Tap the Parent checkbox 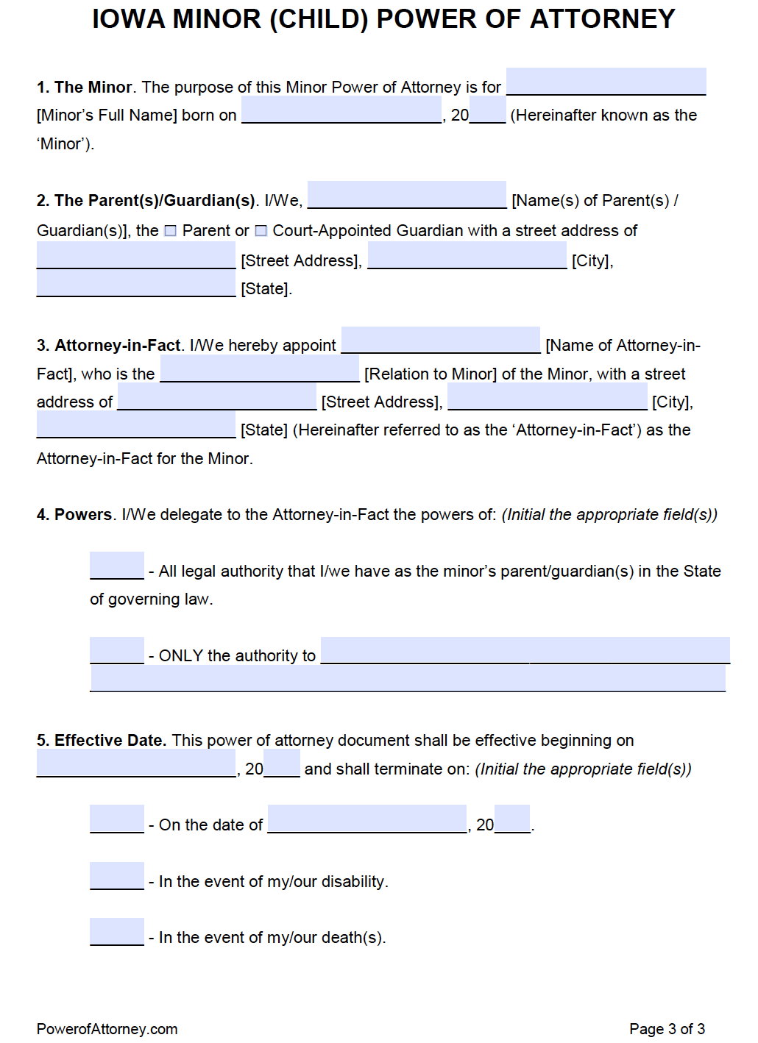click(x=170, y=231)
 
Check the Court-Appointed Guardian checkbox click(x=261, y=231)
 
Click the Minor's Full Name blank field click(x=606, y=82)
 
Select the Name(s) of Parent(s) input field click(x=406, y=195)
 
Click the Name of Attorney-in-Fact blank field click(x=440, y=340)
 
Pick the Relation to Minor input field click(x=259, y=369)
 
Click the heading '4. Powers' click(x=74, y=515)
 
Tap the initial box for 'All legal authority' click(x=116, y=566)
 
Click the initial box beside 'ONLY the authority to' click(x=116, y=650)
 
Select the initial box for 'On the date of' click(x=116, y=819)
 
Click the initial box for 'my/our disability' click(x=116, y=875)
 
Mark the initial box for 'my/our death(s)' click(x=116, y=931)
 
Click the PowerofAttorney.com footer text click(x=107, y=1029)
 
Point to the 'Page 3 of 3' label click(x=667, y=1029)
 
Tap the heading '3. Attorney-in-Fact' click(x=109, y=346)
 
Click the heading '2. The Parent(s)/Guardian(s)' click(x=146, y=201)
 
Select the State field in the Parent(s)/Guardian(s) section click(x=135, y=284)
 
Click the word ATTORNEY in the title click(x=602, y=19)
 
